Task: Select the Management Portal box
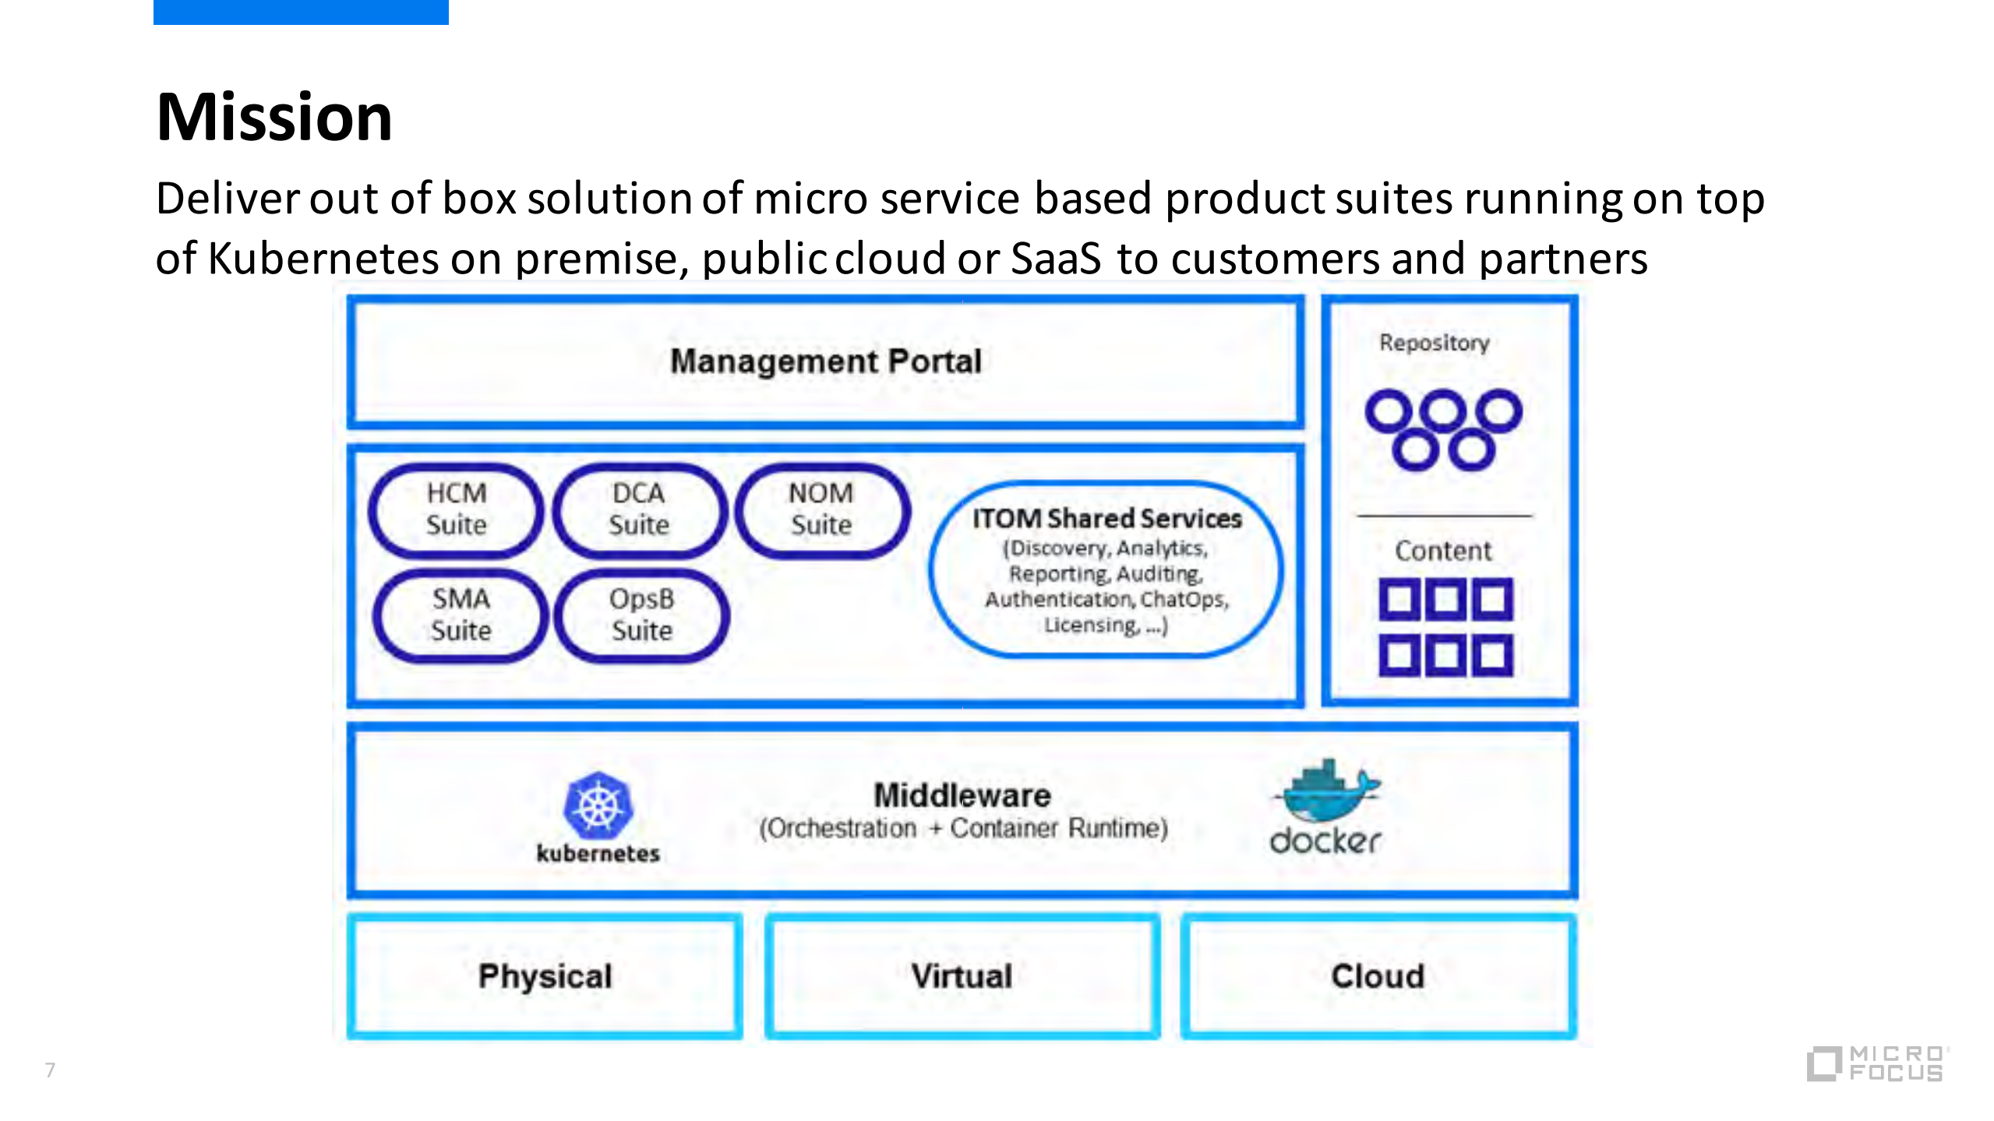pyautogui.click(x=825, y=362)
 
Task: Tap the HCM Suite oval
pyautogui.click(x=456, y=509)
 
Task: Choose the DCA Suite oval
pyautogui.click(x=639, y=509)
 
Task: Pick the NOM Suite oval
pyautogui.click(x=821, y=509)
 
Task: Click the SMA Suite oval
pyautogui.click(x=461, y=615)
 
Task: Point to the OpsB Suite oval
pyautogui.click(x=641, y=615)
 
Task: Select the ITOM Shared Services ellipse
pyautogui.click(x=1106, y=569)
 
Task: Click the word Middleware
pyautogui.click(x=962, y=795)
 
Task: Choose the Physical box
pyautogui.click(x=545, y=976)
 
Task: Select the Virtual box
pyautogui.click(x=962, y=976)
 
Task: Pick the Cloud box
pyautogui.click(x=1378, y=976)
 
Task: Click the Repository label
pyautogui.click(x=1434, y=343)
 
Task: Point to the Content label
pyautogui.click(x=1443, y=551)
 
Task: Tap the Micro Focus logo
pyautogui.click(x=1876, y=1063)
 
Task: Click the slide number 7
pyautogui.click(x=50, y=1070)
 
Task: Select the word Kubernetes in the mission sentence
pyautogui.click(x=323, y=259)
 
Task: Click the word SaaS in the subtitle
pyautogui.click(x=1056, y=259)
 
